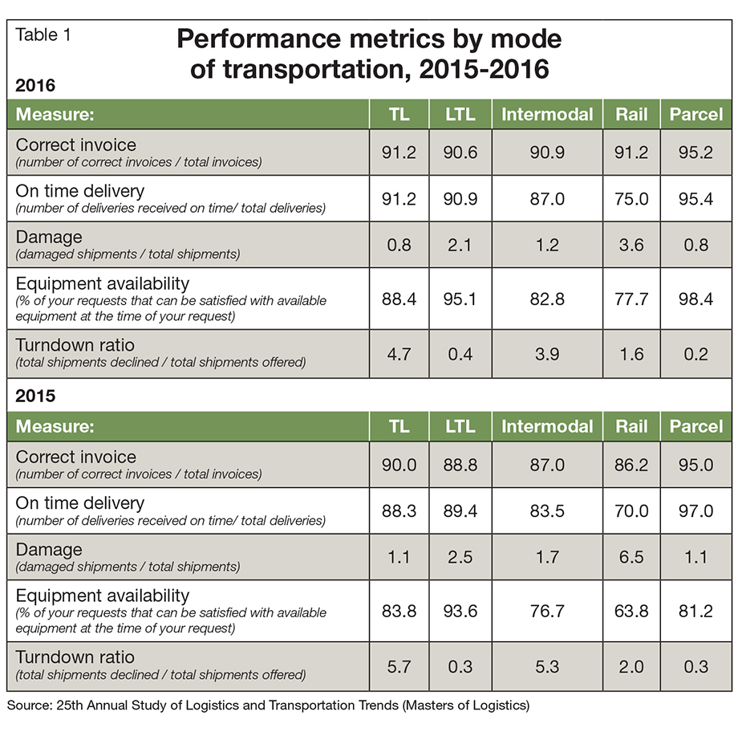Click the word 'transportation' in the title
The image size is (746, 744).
point(309,69)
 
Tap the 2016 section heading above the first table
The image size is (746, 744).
point(35,86)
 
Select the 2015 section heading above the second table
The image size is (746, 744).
point(35,397)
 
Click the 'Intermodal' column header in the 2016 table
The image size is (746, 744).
point(547,115)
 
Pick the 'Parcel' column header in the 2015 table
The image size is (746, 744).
point(695,426)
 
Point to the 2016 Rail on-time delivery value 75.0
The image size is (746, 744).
point(631,198)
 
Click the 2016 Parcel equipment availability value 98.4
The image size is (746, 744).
point(695,299)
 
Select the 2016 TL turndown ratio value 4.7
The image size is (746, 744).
point(399,354)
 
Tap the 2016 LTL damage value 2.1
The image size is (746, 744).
point(460,245)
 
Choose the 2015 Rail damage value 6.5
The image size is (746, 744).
point(631,557)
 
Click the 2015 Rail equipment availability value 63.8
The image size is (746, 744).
point(631,611)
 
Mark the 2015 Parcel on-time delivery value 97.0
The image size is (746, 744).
point(695,510)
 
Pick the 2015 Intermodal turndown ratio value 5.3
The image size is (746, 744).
point(547,666)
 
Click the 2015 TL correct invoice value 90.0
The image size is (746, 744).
point(399,465)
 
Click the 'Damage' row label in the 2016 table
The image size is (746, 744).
point(50,238)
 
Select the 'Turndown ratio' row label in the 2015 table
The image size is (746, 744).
point(75,658)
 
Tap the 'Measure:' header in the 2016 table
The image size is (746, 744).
point(55,115)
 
